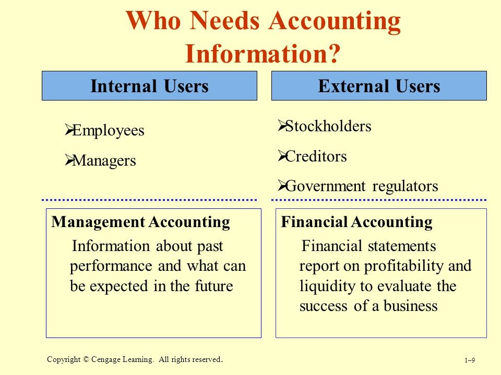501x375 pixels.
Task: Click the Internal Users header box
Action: coord(149,86)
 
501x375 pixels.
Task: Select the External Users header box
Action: coord(379,86)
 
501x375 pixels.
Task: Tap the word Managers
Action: coord(104,161)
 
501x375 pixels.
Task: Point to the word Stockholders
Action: coord(328,126)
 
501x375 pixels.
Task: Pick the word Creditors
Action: coord(316,156)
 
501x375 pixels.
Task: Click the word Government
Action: coord(325,186)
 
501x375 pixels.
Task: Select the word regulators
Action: coord(405,186)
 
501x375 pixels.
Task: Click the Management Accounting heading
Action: coord(140,222)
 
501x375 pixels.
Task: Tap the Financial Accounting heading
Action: coord(356,222)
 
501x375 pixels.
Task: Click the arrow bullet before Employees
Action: coord(69,130)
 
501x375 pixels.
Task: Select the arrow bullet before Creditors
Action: coord(282,155)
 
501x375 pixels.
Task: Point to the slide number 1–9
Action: coord(470,360)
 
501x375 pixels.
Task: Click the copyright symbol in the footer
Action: coord(86,359)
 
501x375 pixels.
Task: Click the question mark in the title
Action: coord(333,54)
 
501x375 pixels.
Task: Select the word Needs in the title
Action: coord(224,20)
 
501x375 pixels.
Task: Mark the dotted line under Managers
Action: coord(149,200)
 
